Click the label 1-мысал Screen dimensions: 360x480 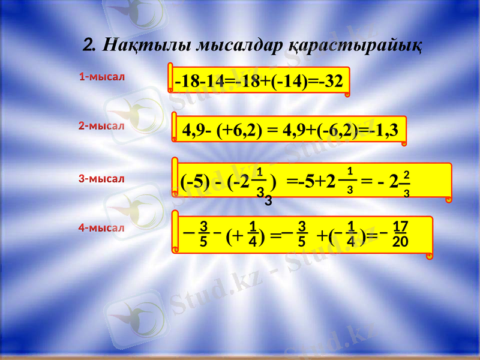[101, 77]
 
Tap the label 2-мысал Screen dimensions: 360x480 [101, 127]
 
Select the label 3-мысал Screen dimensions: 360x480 [101, 178]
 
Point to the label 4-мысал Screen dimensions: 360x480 [101, 228]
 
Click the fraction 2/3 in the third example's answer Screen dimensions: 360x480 [406, 183]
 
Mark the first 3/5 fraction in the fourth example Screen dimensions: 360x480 [203, 233]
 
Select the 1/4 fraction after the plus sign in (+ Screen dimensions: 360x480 [253, 234]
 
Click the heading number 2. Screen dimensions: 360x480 [90, 44]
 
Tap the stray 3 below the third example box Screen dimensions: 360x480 [268, 201]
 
